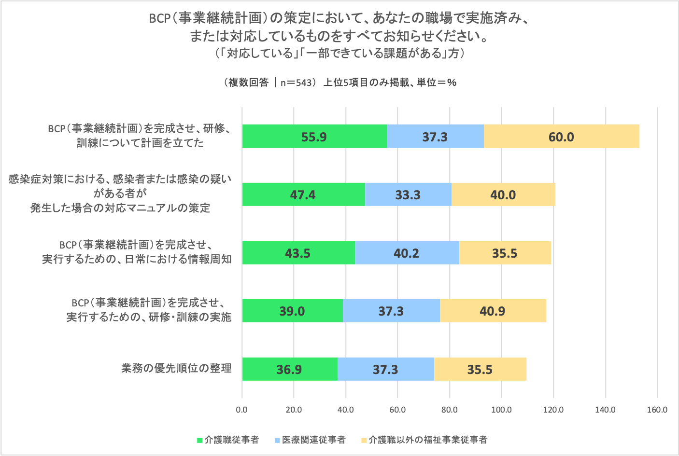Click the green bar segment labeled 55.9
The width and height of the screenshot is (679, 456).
pos(314,137)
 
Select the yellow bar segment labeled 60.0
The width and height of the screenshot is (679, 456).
pos(561,137)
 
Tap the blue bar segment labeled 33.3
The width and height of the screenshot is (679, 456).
pos(408,195)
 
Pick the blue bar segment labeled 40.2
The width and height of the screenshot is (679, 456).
pos(407,253)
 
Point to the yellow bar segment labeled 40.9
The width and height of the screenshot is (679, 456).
pos(493,311)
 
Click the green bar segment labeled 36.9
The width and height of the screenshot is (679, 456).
pos(289,369)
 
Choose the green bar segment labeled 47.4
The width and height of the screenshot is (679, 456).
pos(303,195)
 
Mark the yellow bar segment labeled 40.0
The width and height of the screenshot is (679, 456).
pos(503,195)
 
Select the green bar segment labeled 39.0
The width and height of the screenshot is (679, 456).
pos(292,311)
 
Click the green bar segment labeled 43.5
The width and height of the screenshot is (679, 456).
pos(298,253)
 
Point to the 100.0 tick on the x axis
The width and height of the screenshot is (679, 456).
pos(501,410)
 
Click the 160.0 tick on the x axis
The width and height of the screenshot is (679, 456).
pos(657,410)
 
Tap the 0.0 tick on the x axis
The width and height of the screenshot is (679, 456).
pos(241,410)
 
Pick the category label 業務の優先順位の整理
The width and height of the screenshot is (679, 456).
pos(176,369)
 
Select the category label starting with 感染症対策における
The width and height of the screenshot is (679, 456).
pos(120,193)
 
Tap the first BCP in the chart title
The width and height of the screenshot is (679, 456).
pos(160,18)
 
